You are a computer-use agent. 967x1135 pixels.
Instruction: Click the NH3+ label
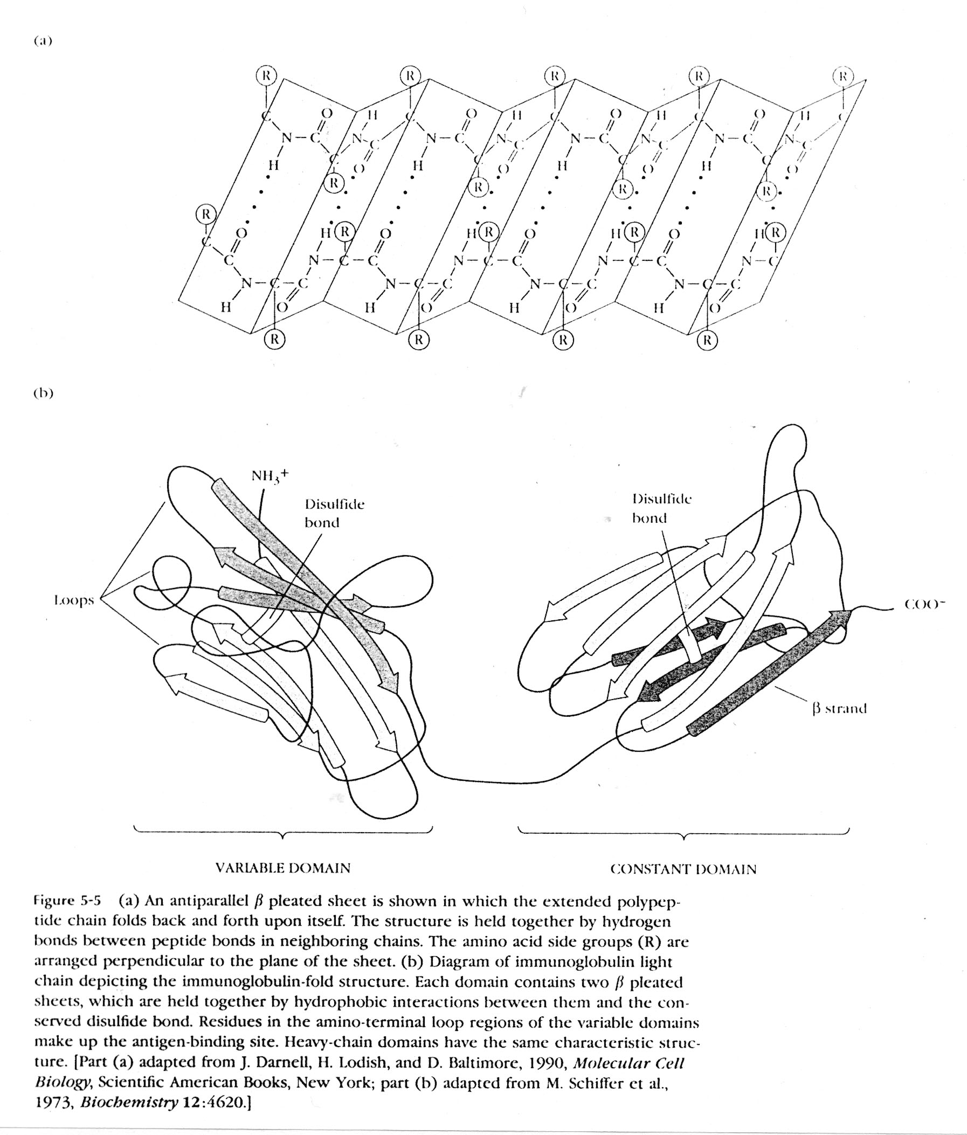[x=269, y=475]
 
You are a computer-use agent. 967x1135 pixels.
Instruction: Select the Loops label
[x=74, y=600]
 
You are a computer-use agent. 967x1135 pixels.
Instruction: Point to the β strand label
[x=839, y=709]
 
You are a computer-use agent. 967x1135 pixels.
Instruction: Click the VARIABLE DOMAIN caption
[x=282, y=868]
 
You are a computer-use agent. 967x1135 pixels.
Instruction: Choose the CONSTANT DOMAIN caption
[x=682, y=869]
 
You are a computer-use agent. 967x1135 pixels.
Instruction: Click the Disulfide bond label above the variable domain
[x=334, y=513]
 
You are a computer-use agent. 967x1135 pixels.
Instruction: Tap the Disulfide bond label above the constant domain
[x=661, y=508]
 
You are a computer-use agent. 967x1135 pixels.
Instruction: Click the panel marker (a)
[x=42, y=41]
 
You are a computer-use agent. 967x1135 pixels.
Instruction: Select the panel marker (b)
[x=43, y=393]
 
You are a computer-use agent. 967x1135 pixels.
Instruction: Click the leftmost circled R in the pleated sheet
[x=206, y=213]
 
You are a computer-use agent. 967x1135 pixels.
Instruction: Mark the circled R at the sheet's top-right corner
[x=842, y=75]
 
